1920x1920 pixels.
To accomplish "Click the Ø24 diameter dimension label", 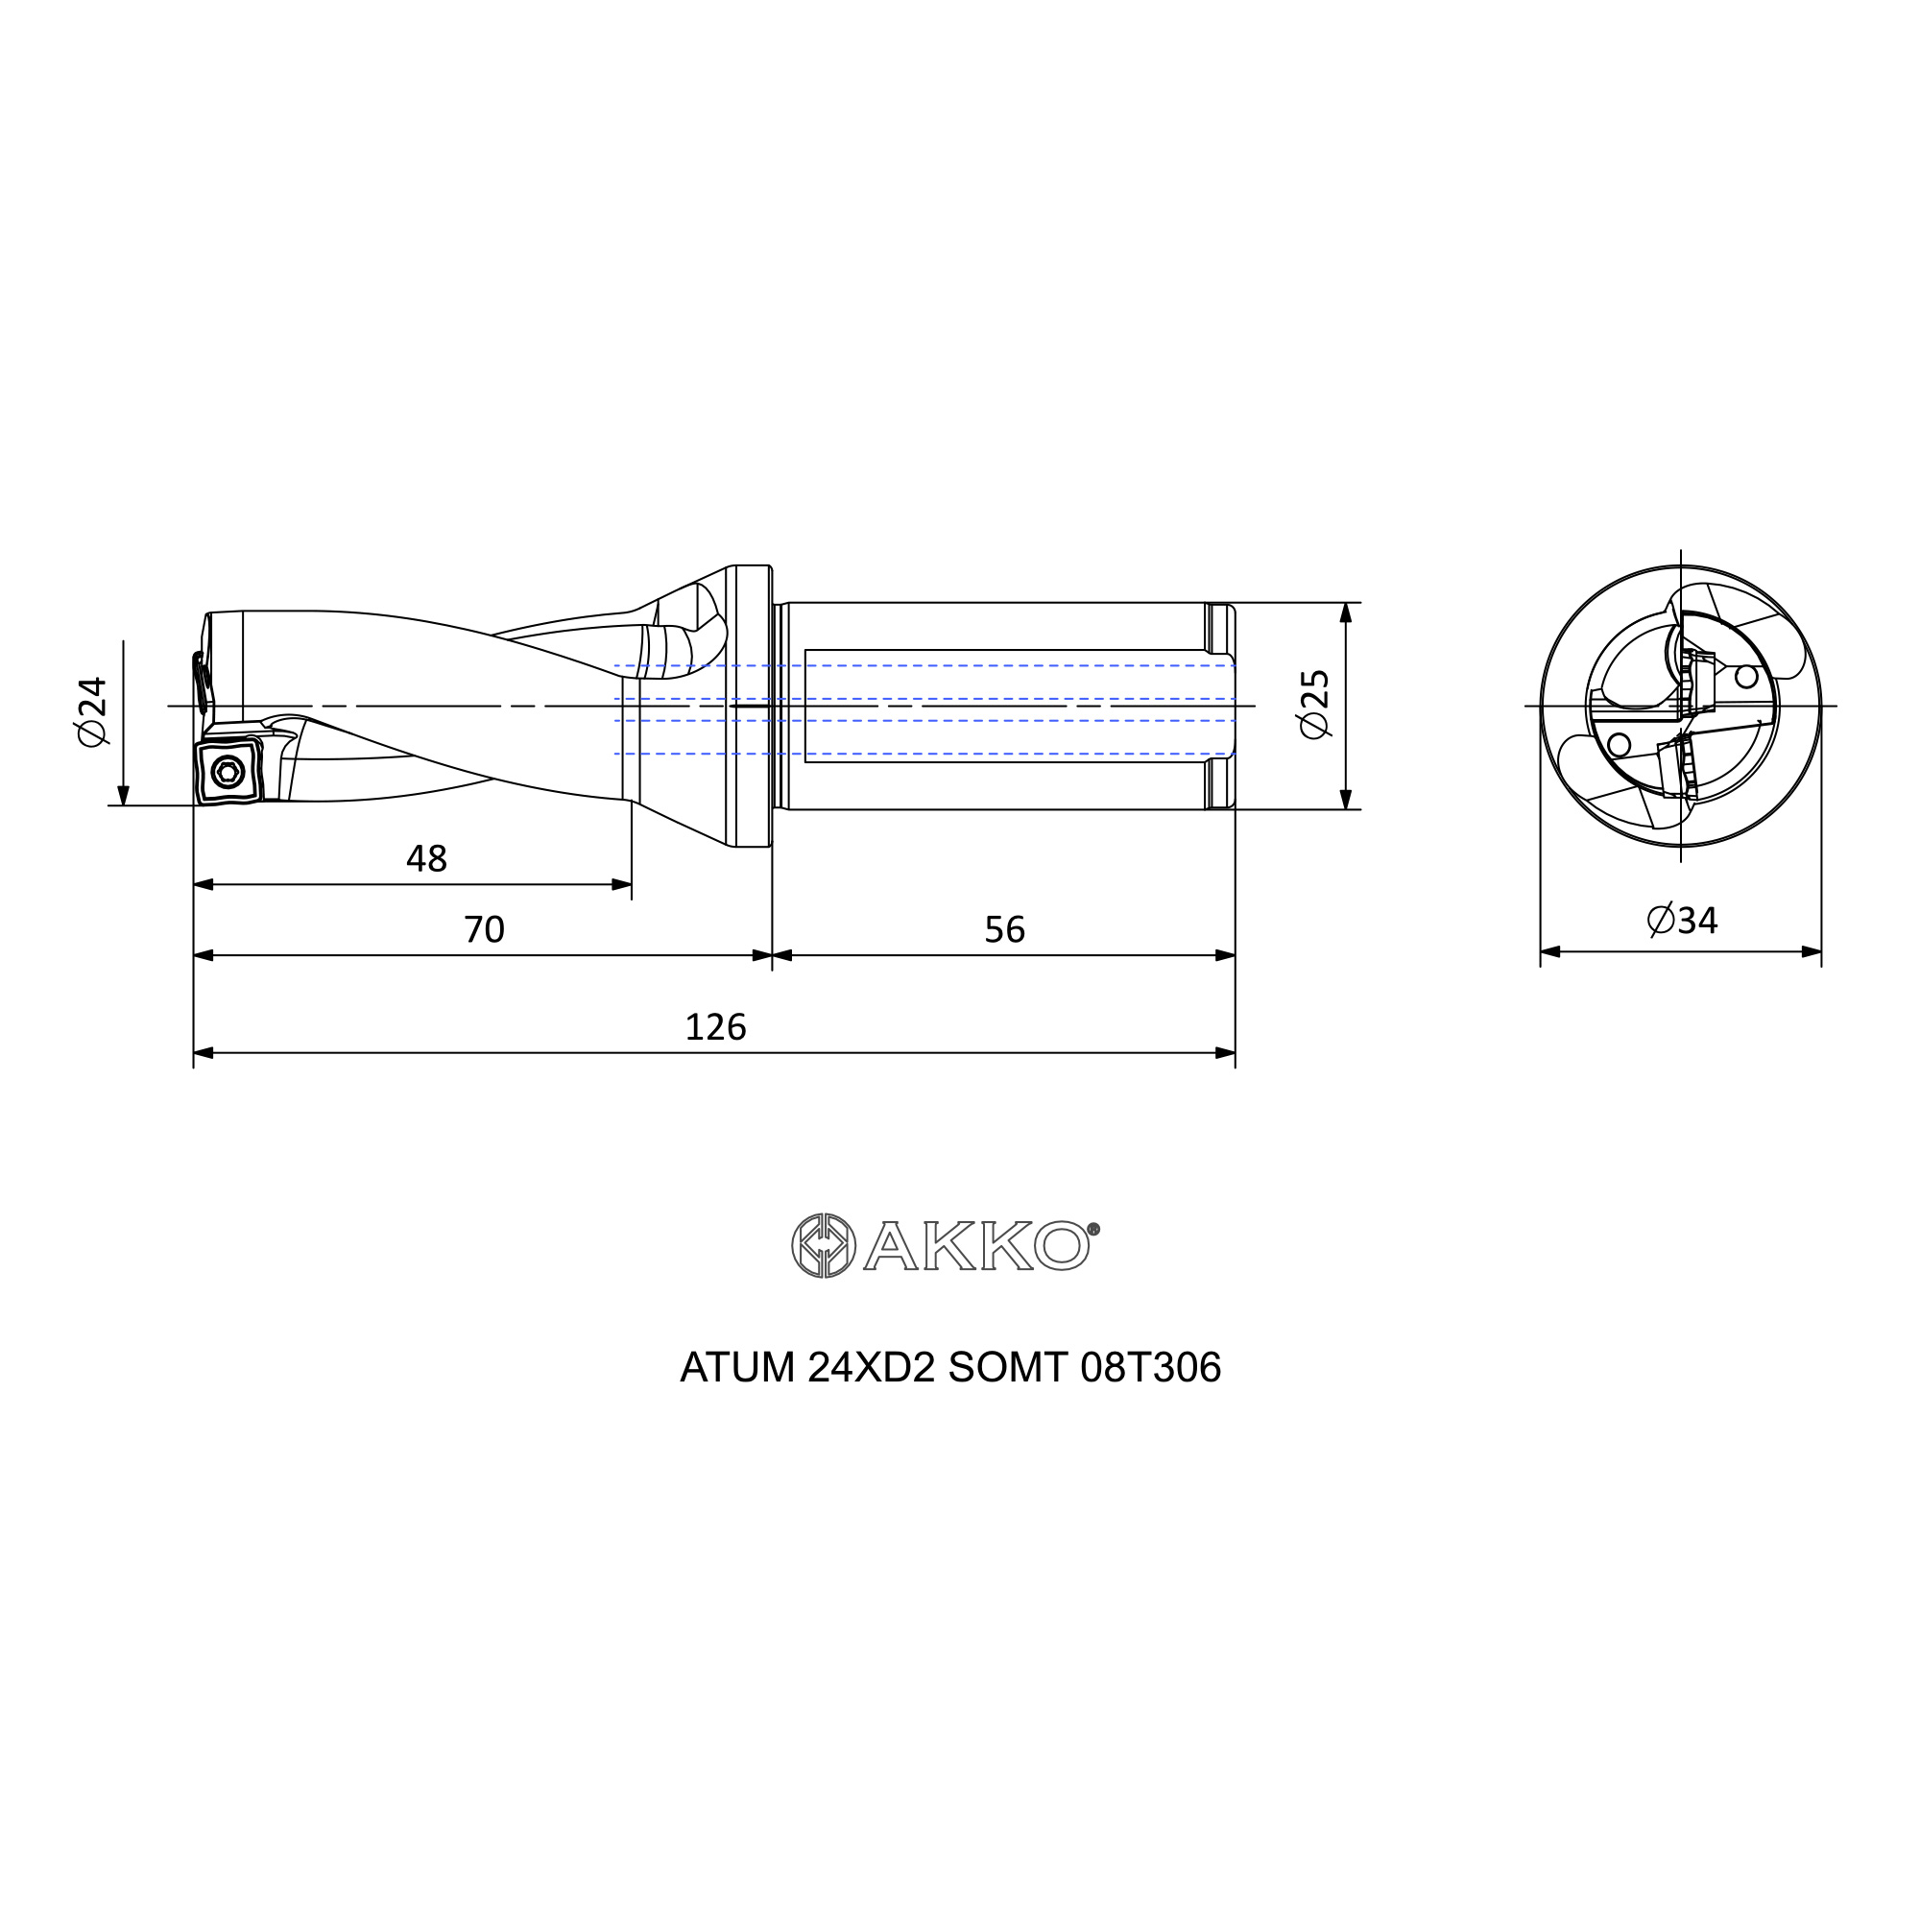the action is tap(91, 711).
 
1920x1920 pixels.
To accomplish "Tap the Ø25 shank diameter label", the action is tap(1315, 704).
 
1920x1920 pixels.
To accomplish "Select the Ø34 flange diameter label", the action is tap(1683, 921).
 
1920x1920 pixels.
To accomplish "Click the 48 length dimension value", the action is tap(427, 858).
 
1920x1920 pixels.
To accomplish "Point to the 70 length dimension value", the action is tap(485, 929).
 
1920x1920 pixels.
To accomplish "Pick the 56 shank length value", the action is tap(1005, 929).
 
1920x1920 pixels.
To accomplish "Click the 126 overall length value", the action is tap(715, 1026).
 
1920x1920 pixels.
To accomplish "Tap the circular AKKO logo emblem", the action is tap(823, 1245).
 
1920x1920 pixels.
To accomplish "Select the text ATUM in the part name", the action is tap(737, 1368).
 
